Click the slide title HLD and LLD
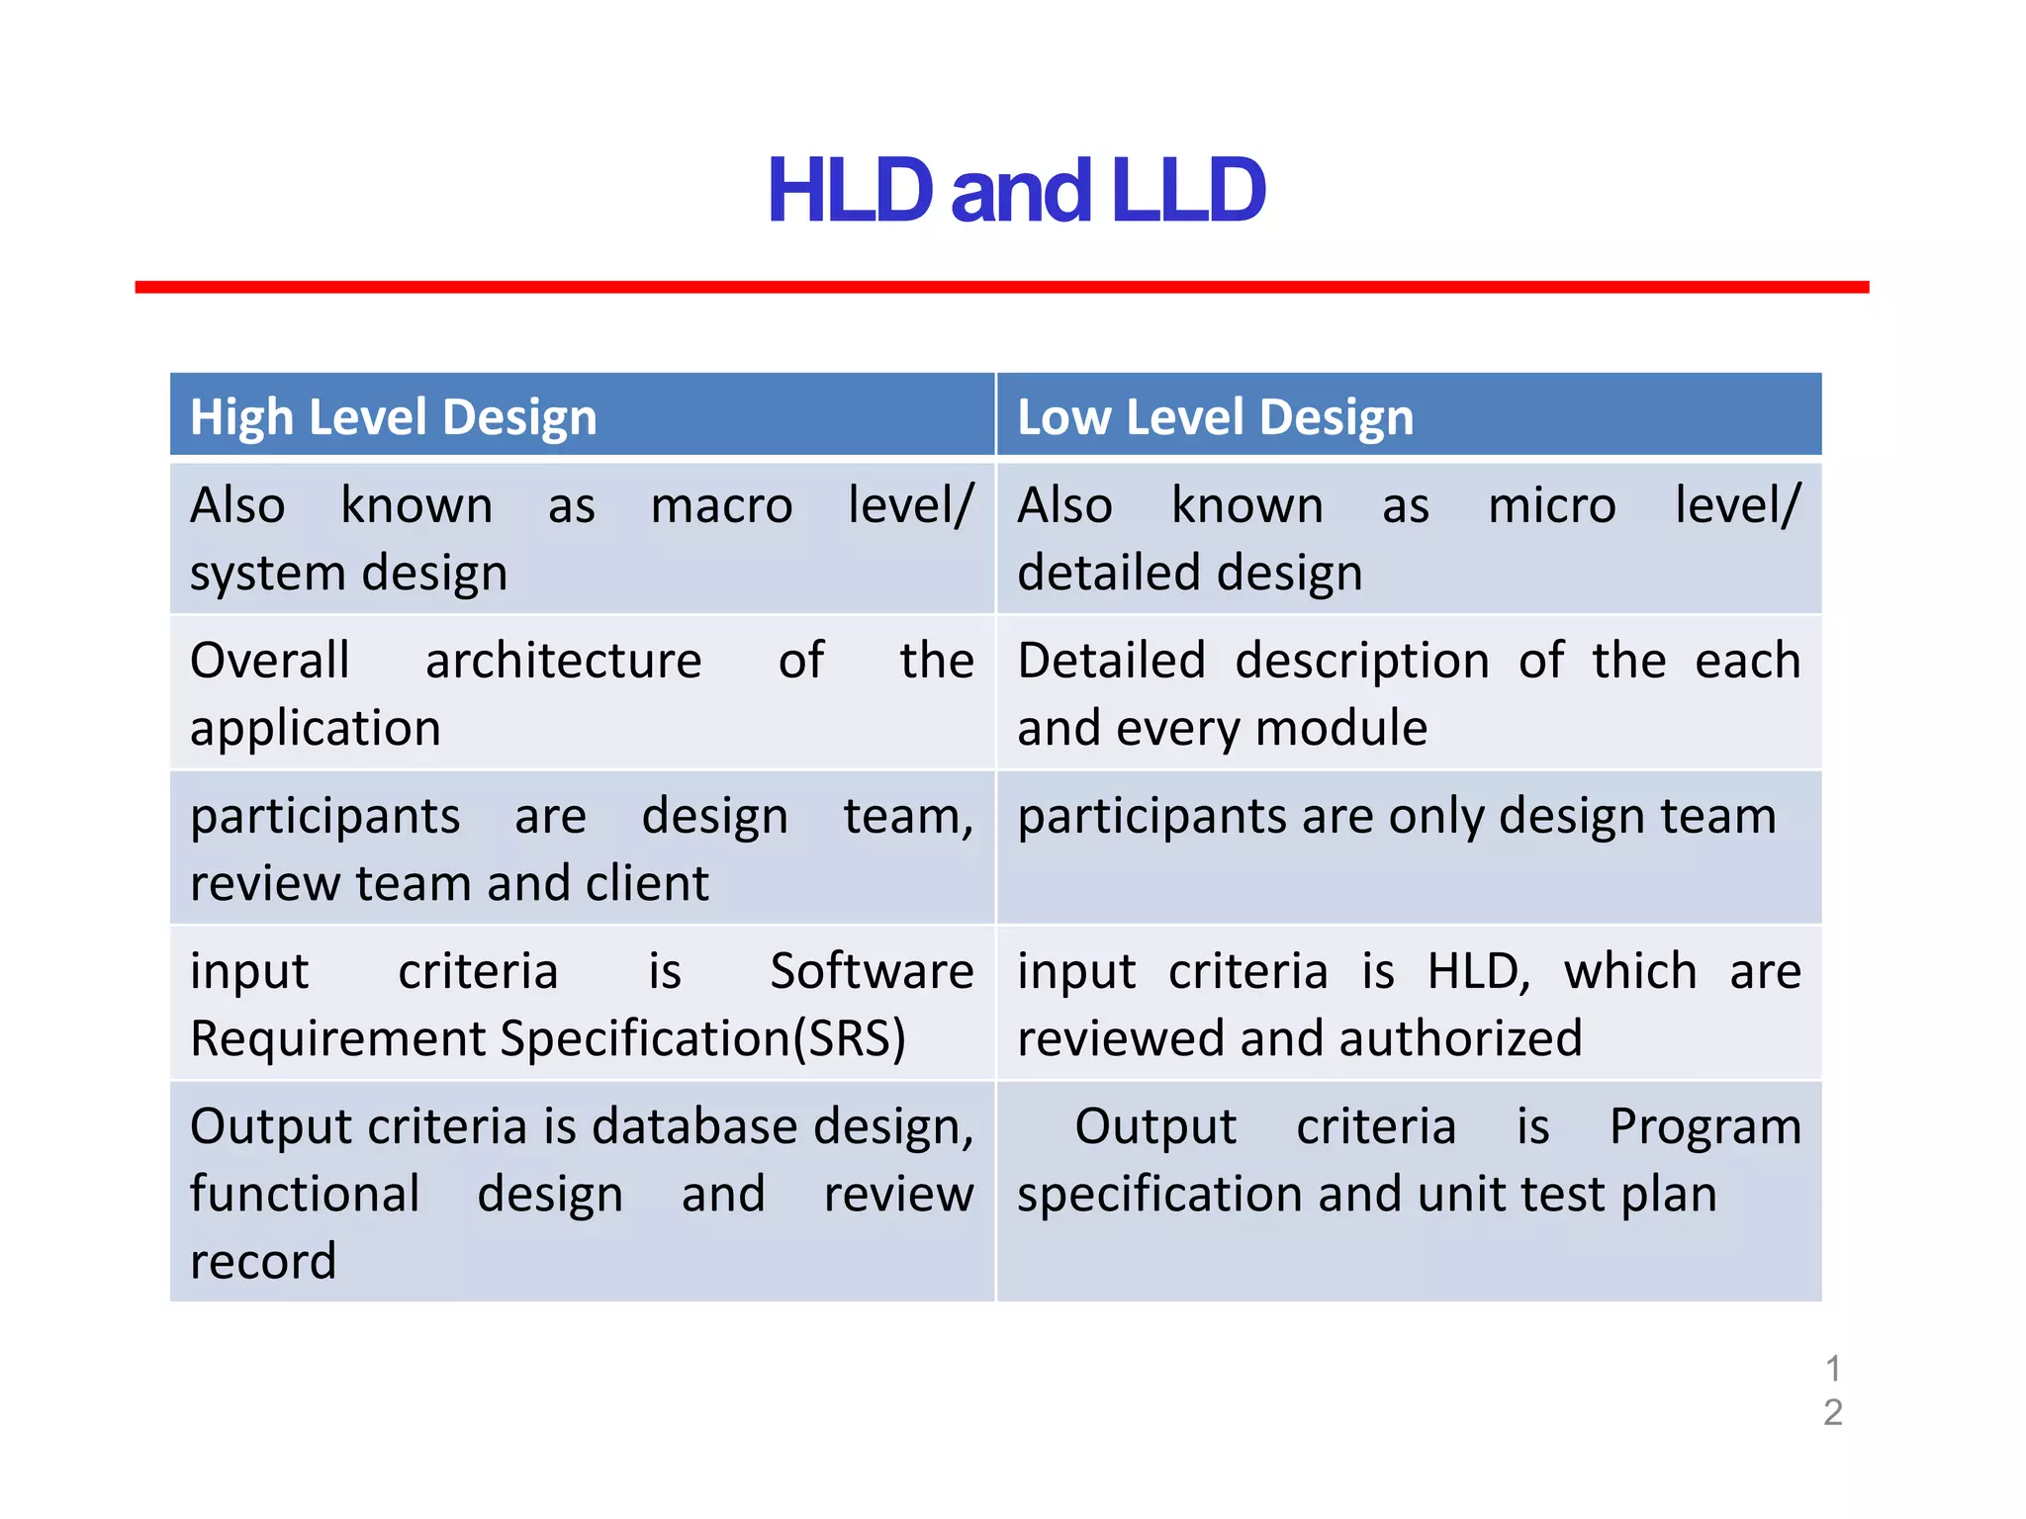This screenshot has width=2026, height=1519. click(x=1015, y=191)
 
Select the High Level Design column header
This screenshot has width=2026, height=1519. click(x=393, y=416)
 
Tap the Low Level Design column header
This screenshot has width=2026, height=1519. click(x=1215, y=416)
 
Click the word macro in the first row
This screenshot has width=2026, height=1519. click(x=721, y=506)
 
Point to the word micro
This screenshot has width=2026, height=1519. click(x=1551, y=506)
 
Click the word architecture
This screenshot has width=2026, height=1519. click(x=563, y=661)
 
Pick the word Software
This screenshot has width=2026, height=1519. click(x=872, y=971)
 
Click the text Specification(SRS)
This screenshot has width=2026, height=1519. click(x=702, y=1039)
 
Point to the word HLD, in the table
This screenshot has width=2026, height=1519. click(x=1478, y=971)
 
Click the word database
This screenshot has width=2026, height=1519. click(x=694, y=1126)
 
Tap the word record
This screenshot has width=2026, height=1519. click(x=263, y=1262)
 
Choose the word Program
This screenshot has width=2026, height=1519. click(x=1704, y=1126)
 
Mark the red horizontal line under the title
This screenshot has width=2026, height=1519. click(x=1001, y=287)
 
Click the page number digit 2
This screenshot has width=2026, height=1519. click(x=1832, y=1412)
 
